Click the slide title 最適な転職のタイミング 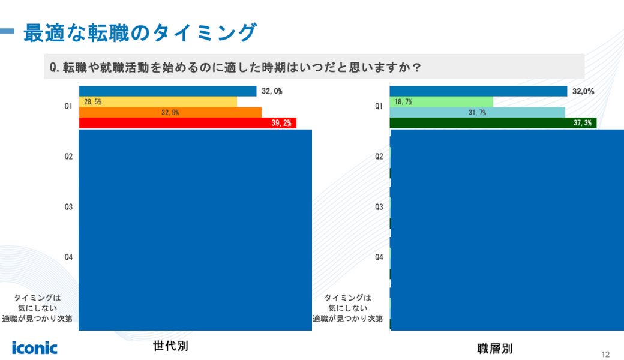[140, 32]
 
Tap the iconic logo [35, 347]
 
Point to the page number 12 [605, 353]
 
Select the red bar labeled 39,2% [187, 122]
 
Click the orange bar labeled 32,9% [170, 112]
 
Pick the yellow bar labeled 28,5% [158, 102]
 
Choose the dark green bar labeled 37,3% [493, 122]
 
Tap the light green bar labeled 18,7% [441, 102]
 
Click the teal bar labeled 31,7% [477, 112]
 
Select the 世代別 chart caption [166, 346]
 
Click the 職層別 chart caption [494, 349]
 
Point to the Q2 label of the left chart [68, 157]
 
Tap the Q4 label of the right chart [379, 257]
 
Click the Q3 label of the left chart [68, 207]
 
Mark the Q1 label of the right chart [379, 107]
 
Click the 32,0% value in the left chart [272, 91]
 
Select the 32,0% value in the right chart [583, 91]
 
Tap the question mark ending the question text [415, 68]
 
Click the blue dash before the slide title [7, 32]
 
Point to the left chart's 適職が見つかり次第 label [37, 319]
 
